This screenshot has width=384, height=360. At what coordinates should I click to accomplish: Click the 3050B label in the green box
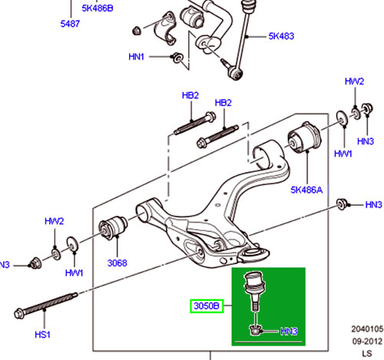[207, 306]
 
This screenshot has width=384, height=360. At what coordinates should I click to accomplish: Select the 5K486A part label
[306, 190]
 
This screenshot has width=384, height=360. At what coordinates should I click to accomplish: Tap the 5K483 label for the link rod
[281, 36]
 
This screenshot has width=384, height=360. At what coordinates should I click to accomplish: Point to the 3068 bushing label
[117, 263]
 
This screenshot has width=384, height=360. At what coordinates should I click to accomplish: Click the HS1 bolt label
[42, 335]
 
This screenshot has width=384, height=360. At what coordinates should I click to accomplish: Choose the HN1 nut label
[136, 57]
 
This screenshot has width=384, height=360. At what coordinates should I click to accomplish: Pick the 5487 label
[70, 24]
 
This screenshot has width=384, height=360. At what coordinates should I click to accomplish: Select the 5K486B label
[98, 8]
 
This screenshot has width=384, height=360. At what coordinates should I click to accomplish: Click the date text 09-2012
[367, 342]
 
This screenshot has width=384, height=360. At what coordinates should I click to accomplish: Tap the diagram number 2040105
[367, 329]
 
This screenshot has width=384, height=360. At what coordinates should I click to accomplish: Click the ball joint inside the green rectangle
[253, 291]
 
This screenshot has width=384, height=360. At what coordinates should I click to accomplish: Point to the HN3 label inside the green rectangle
[289, 332]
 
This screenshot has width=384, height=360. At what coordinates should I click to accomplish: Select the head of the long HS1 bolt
[20, 314]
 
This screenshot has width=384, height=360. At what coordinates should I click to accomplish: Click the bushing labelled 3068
[113, 227]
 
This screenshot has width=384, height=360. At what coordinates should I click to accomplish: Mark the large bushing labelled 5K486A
[304, 137]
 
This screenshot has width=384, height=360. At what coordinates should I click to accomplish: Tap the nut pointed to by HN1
[177, 58]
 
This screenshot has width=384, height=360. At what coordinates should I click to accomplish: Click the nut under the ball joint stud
[255, 330]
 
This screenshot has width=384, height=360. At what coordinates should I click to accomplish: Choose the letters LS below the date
[367, 354]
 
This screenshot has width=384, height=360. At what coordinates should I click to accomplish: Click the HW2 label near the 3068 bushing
[54, 221]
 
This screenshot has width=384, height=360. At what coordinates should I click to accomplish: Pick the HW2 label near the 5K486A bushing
[354, 81]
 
